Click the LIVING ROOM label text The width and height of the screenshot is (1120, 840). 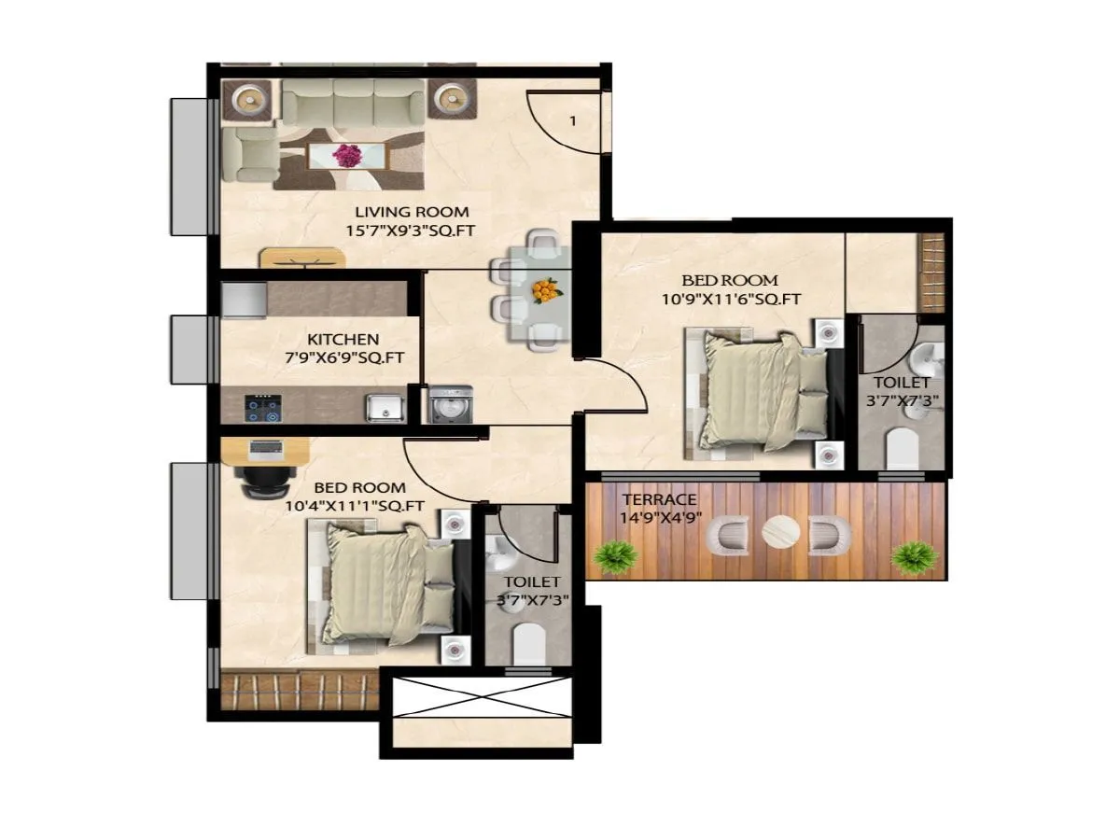coord(412,212)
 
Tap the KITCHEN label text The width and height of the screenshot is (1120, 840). coord(343,339)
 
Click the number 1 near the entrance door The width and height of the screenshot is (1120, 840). coord(572,120)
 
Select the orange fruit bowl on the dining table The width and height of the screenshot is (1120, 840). coord(546,291)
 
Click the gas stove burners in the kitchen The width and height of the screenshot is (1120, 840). coord(261,407)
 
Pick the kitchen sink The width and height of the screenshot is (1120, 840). coord(384,407)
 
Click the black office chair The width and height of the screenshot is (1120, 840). coord(264,480)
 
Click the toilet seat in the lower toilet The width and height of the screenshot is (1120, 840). coord(530,642)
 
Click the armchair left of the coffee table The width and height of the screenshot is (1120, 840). coord(249,155)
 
